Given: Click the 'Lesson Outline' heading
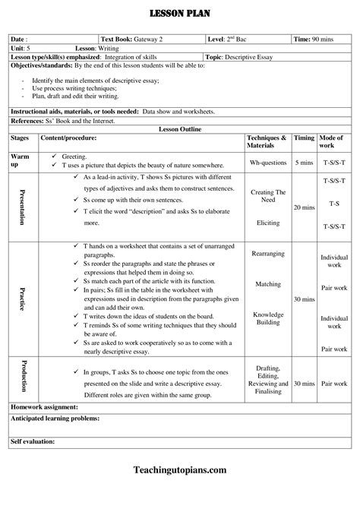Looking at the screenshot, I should (179, 130).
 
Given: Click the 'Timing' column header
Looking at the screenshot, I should (304, 138).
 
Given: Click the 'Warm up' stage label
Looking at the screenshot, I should (20, 160).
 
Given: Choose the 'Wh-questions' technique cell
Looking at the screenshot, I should (268, 163).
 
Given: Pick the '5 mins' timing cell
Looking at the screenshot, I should (304, 163).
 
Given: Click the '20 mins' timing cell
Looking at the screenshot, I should (304, 207).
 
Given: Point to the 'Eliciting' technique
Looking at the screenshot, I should (268, 223).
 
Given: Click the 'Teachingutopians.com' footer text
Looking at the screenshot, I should (179, 492).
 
